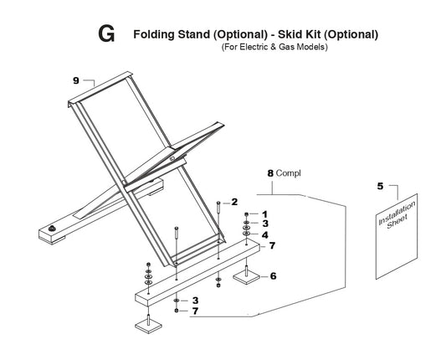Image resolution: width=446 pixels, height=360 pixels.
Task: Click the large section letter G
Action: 106,33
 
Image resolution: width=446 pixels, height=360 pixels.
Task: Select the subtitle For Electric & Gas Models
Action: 274,47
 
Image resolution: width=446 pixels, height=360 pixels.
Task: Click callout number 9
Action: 76,80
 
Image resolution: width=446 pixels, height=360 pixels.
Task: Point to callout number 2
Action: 234,202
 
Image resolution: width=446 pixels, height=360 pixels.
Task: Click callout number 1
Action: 264,214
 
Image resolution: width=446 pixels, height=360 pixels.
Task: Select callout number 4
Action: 265,234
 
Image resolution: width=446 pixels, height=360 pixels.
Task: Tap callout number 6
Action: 273,275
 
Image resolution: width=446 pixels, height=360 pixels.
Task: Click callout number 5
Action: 380,186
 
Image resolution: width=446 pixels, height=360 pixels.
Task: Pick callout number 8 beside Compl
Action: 270,173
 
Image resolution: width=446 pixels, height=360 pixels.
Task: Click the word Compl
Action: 289,173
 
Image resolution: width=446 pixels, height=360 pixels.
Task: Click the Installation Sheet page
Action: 397,236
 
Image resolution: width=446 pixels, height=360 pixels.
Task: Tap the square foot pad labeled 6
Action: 247,277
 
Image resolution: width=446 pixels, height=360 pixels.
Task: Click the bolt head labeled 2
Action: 218,203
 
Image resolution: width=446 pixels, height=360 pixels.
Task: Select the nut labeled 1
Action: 246,214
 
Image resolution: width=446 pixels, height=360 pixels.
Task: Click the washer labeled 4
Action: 246,234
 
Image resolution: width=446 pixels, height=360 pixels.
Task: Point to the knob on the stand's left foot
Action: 52,228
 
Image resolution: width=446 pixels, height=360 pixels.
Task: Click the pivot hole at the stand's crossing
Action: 172,159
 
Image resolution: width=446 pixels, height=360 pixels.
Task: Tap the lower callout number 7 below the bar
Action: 195,311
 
